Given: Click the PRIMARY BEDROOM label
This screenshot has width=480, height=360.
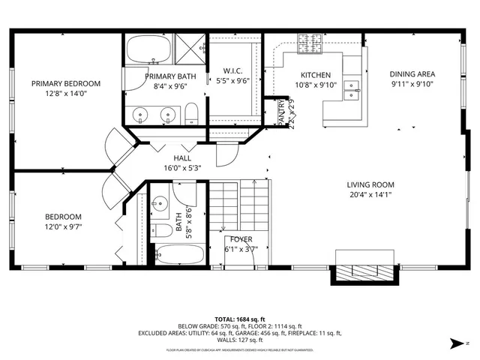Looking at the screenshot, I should [x=66, y=83].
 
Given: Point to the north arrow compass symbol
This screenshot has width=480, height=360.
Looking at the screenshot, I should [x=458, y=343].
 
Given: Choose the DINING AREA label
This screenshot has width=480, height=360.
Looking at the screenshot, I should [x=412, y=74].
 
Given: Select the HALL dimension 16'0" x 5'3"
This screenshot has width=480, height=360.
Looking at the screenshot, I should [x=182, y=169].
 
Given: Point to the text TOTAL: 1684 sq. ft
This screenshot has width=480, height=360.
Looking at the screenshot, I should [x=240, y=319].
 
